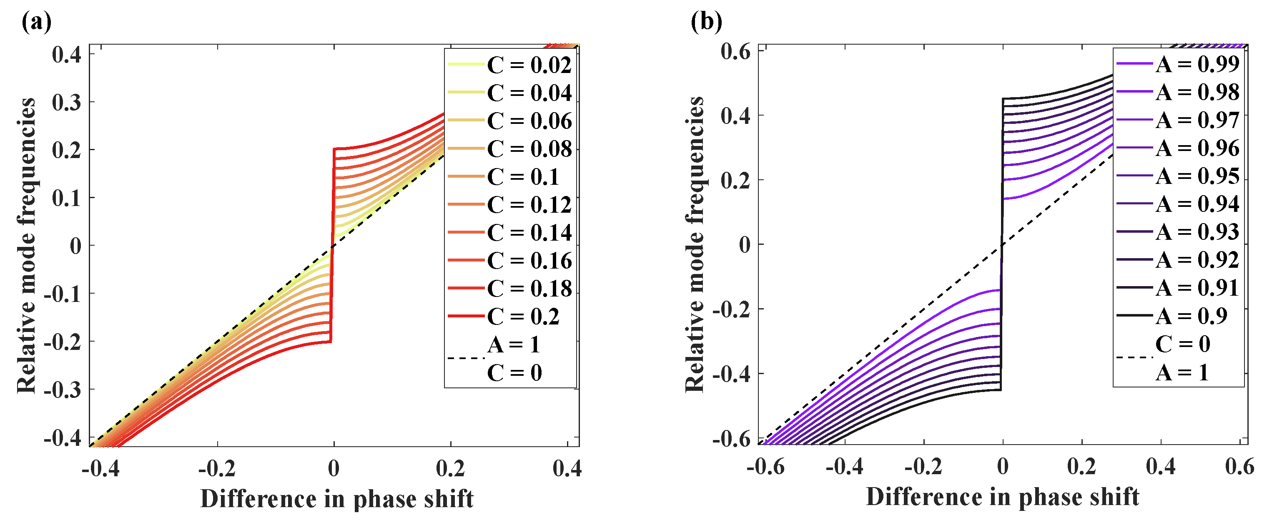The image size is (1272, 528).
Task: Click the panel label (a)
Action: [36, 22]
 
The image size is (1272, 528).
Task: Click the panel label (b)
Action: [706, 22]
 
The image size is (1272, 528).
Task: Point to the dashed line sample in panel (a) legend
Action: [466, 358]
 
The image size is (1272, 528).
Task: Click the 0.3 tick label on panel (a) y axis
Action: [67, 102]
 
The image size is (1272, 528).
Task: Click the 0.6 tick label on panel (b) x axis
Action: [1239, 466]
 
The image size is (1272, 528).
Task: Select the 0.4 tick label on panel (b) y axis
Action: [735, 116]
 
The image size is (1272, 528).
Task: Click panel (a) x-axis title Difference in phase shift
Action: [337, 498]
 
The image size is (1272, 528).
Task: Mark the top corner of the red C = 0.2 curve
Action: [335, 148]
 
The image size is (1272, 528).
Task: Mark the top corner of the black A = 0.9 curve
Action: [1004, 99]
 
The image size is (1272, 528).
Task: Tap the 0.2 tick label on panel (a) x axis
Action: [450, 468]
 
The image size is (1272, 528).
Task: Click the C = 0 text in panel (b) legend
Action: [1183, 344]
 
